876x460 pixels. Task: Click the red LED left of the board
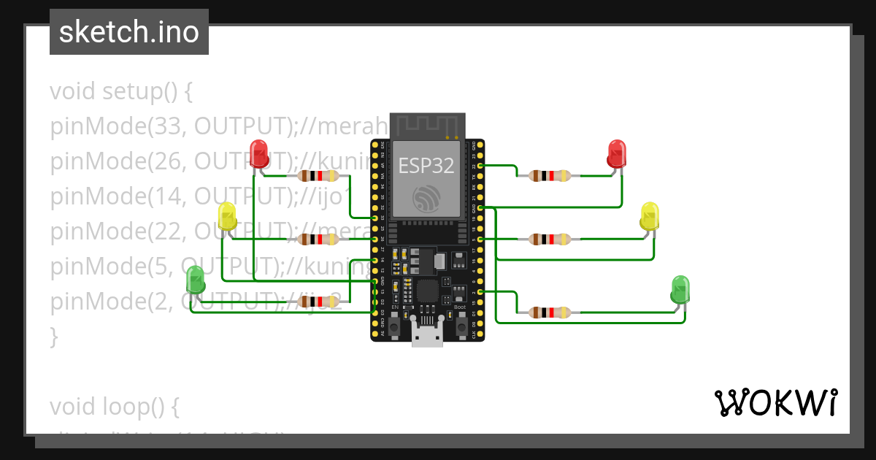click(x=258, y=154)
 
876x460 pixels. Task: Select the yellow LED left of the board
click(x=227, y=216)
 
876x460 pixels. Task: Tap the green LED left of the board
click(x=196, y=280)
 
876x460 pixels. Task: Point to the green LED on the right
click(x=680, y=289)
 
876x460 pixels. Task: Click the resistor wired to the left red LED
click(x=318, y=176)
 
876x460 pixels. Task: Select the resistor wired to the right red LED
click(x=550, y=176)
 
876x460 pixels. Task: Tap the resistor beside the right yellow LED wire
click(x=550, y=239)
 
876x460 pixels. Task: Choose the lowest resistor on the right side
click(x=550, y=313)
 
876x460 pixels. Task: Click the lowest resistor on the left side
click(x=318, y=302)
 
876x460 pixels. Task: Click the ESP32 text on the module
click(x=426, y=166)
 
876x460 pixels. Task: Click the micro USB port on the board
click(x=427, y=337)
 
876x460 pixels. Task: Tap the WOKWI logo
click(x=775, y=402)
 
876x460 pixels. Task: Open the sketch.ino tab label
click(x=129, y=32)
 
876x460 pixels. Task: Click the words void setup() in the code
click(x=120, y=92)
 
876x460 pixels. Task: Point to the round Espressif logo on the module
click(x=427, y=199)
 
